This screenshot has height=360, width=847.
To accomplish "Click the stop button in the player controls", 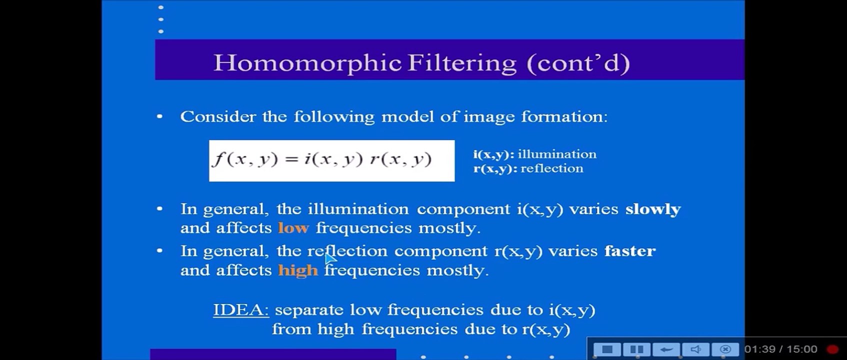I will point(607,349).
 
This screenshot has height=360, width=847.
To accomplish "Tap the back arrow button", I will point(666,349).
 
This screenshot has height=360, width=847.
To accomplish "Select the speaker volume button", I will point(695,349).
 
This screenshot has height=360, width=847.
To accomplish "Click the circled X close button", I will point(725,349).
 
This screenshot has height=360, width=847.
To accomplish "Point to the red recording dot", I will point(832,349).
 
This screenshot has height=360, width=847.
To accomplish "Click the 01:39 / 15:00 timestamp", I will point(780,349).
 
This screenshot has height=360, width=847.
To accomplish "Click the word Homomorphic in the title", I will point(307,63).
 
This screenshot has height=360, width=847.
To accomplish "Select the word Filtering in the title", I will point(462,63).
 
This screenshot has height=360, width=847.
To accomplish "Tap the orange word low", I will point(293,228).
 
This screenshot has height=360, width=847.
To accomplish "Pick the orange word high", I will point(298,270).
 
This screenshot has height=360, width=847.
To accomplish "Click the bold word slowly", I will point(653,209).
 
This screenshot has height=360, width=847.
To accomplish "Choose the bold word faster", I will point(630,251).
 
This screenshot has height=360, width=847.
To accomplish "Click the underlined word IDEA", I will point(241,310).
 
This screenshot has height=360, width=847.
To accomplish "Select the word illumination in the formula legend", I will point(557,154).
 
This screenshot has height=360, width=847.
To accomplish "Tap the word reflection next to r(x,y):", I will point(552,168).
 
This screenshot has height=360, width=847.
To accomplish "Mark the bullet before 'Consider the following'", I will point(160,117).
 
